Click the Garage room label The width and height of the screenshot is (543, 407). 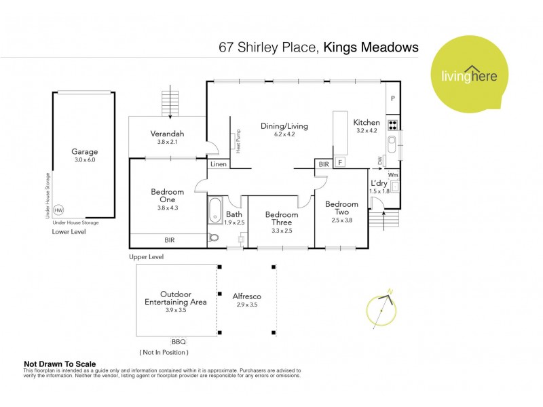(x=86, y=152)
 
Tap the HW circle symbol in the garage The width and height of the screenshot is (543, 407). (x=58, y=210)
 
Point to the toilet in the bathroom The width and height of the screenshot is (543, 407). (x=214, y=237)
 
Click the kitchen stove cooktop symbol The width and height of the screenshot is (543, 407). (x=392, y=125)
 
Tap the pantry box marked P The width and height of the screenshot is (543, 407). (x=392, y=99)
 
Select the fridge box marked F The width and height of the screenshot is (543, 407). (x=339, y=163)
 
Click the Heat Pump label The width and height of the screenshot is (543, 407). (x=239, y=142)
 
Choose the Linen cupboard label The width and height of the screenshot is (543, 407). (x=219, y=165)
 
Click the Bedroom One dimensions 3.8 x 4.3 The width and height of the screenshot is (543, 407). (x=167, y=208)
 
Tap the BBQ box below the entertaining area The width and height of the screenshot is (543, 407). (x=179, y=341)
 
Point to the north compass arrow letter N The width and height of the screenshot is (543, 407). (x=390, y=292)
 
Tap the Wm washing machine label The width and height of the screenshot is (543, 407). (x=393, y=175)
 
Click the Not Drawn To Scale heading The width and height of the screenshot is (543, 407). (x=60, y=364)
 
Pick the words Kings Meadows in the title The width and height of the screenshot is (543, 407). (x=371, y=47)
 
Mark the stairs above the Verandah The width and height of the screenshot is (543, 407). (x=168, y=103)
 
